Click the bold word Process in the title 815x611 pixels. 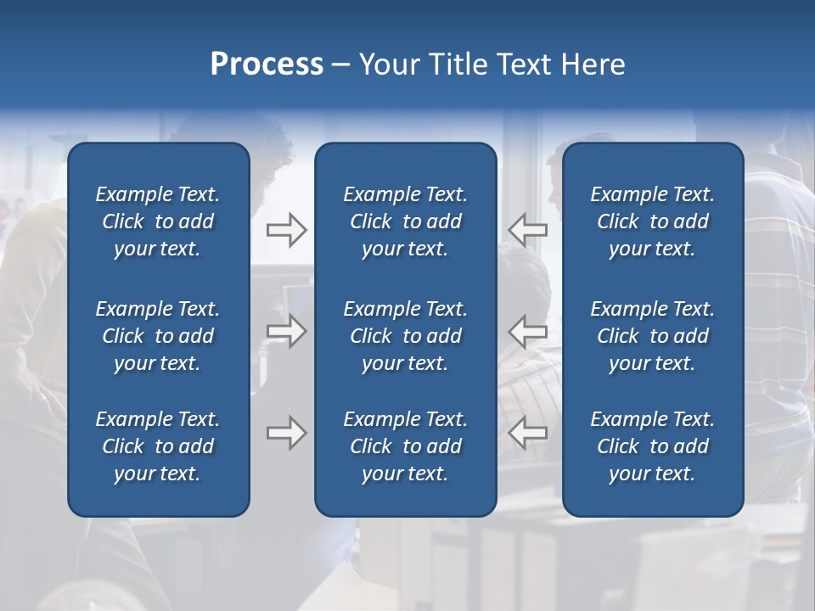(267, 64)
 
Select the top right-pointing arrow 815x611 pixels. (286, 230)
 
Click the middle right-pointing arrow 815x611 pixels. (286, 331)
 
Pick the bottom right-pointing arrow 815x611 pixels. (286, 433)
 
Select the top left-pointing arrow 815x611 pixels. (527, 230)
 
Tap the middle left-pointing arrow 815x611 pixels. (527, 331)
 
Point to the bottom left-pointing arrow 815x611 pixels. (527, 433)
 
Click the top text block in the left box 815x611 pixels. (158, 221)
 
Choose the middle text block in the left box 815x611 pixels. (158, 336)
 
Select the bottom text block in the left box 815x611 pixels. (158, 446)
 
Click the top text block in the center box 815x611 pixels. (405, 221)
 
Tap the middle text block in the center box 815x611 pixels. (405, 336)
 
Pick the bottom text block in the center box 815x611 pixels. (405, 446)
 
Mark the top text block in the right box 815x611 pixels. (652, 221)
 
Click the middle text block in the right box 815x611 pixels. (652, 336)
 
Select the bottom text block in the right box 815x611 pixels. (652, 446)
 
